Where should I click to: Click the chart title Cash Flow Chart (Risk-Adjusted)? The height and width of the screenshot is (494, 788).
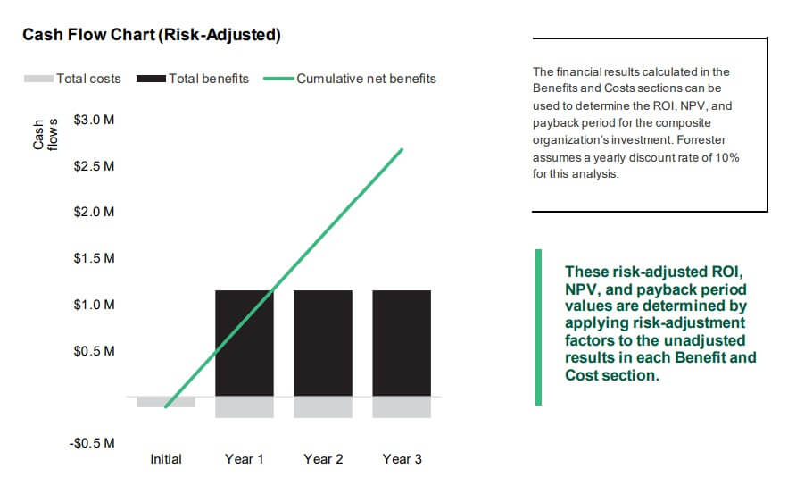click(152, 35)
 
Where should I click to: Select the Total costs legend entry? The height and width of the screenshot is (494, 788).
click(72, 79)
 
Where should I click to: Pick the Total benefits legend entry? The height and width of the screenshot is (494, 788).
click(193, 79)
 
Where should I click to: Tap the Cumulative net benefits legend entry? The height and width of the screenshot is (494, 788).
click(350, 79)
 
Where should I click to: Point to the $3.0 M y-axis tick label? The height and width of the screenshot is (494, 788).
click(94, 120)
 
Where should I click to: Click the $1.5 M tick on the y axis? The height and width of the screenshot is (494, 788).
click(94, 258)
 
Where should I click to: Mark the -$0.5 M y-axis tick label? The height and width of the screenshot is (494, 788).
click(92, 443)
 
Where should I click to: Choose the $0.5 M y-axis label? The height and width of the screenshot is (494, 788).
click(94, 351)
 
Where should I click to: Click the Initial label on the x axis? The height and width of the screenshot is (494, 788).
click(166, 459)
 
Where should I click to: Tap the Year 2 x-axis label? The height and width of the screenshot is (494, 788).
click(323, 459)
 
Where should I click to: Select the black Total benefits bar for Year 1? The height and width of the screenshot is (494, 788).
click(245, 343)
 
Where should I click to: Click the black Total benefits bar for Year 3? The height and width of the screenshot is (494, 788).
click(402, 343)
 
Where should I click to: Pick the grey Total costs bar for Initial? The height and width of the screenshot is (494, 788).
click(166, 402)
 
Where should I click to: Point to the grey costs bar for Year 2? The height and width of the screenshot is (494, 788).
click(323, 407)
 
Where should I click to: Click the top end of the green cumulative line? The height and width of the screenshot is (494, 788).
click(402, 149)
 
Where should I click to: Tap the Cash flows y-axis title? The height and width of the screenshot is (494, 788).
click(46, 135)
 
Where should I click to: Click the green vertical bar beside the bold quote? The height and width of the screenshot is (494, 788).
click(539, 327)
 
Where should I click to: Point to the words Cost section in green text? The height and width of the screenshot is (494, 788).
click(610, 375)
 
